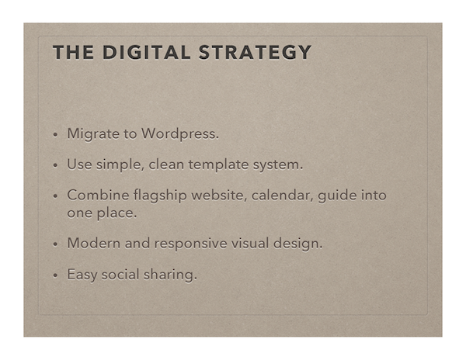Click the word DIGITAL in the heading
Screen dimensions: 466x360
point(146,52)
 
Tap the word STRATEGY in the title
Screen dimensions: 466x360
point(255,52)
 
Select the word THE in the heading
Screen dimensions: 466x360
point(74,52)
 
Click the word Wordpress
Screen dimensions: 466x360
point(180,134)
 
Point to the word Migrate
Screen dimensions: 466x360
point(93,134)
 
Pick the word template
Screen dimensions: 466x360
point(218,164)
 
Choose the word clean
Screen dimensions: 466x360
point(166,165)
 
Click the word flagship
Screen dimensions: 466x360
point(160,196)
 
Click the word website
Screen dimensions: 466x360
point(219,196)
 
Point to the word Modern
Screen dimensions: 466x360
point(94,244)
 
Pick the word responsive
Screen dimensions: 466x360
point(191,244)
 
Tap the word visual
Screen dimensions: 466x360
point(250,244)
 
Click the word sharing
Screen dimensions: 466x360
point(170,275)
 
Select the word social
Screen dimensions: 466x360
point(120,274)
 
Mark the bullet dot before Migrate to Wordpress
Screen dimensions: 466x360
point(55,135)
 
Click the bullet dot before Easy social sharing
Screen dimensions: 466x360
point(55,275)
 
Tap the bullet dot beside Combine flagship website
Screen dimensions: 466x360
point(55,196)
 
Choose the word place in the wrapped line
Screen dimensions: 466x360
point(116,213)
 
